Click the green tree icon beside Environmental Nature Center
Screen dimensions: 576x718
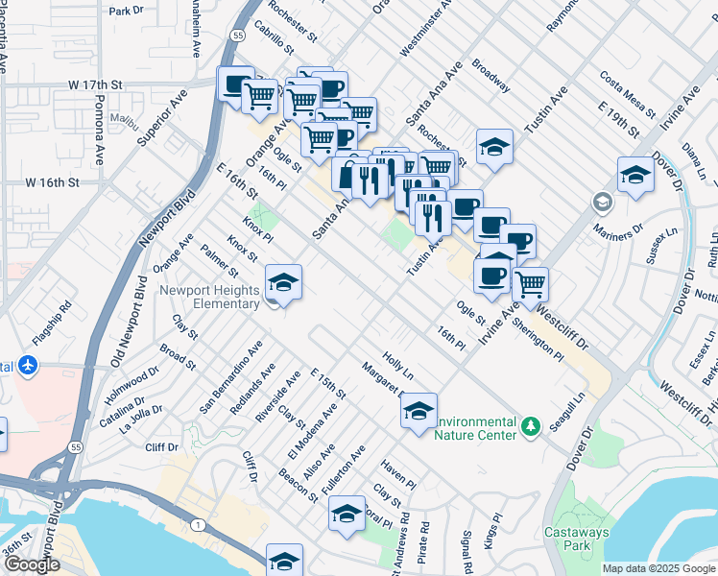click(529, 423)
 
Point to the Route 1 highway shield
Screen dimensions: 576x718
click(197, 524)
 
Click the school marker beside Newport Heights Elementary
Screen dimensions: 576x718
click(283, 283)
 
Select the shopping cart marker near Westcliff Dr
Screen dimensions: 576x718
click(530, 284)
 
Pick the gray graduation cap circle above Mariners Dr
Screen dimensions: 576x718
click(602, 203)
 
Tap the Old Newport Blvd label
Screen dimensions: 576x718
click(125, 312)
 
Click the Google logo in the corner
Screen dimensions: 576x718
click(32, 564)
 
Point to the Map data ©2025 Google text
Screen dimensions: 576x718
click(658, 568)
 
